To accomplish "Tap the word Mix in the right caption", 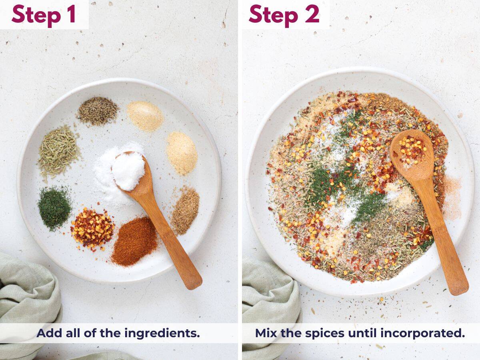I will pyautogui.click(x=266, y=333).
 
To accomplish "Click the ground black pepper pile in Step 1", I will pyautogui.click(x=97, y=110).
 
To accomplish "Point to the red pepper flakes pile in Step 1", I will pyautogui.click(x=92, y=228).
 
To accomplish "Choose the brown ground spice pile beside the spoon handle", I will pyautogui.click(x=185, y=210).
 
